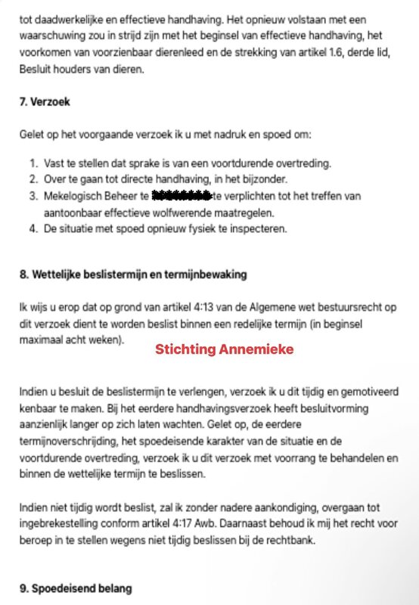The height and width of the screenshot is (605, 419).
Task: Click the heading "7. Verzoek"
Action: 45,101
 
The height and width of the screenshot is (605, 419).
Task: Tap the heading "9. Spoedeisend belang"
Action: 76,588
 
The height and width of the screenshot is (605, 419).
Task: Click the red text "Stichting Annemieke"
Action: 224,350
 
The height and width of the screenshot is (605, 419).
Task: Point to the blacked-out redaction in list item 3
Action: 181,196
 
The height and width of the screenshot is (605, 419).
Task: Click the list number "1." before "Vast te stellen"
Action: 35,163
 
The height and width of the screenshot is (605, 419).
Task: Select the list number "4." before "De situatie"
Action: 35,228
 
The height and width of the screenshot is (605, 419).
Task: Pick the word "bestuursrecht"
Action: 368,308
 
